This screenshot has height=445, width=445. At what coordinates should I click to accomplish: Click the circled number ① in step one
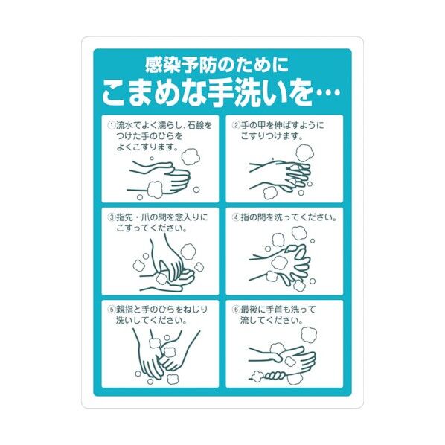click(112, 125)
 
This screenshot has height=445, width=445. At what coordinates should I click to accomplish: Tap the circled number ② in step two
click(236, 125)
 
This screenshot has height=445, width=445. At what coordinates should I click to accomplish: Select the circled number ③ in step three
click(112, 217)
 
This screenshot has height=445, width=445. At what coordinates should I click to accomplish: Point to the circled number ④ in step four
click(236, 217)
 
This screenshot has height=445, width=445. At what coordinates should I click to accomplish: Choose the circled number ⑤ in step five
click(112, 310)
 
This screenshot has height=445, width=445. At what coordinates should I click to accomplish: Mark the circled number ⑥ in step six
click(236, 310)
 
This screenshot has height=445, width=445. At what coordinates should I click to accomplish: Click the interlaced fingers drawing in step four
click(281, 263)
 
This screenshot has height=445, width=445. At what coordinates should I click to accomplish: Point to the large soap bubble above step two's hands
click(305, 153)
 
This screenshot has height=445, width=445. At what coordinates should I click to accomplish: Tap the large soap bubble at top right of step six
click(309, 335)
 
